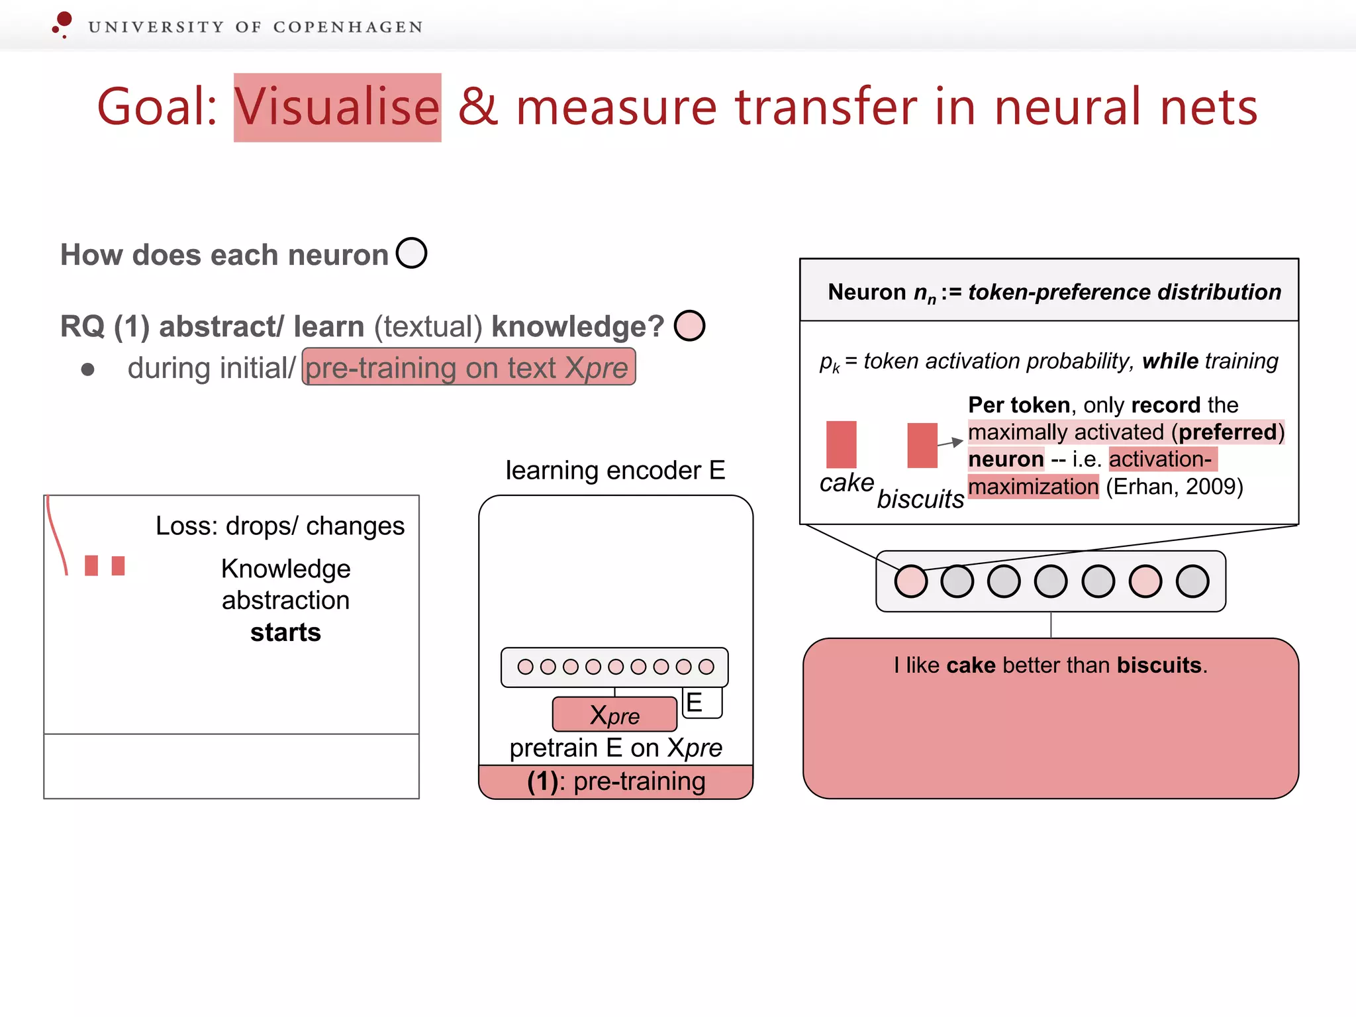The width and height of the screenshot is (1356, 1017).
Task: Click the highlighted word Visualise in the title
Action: pos(337,107)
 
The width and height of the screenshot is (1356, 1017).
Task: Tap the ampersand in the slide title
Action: pos(477,107)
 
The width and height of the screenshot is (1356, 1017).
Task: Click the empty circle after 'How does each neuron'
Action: pos(411,253)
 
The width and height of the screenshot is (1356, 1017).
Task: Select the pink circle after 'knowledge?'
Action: pos(689,326)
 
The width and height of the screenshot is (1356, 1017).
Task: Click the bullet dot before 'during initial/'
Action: pos(87,369)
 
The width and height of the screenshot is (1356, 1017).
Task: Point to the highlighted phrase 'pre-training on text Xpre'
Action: pos(468,367)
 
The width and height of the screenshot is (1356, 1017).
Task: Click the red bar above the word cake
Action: pos(841,444)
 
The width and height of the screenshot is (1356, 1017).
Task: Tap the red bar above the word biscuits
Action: pos(922,446)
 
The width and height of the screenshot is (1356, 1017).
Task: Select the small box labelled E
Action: pos(701,702)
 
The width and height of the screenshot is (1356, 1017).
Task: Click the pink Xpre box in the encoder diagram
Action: pos(614,714)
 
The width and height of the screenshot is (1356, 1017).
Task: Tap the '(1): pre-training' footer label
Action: pos(616,782)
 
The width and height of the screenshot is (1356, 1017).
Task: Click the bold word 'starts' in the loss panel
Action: pos(285,632)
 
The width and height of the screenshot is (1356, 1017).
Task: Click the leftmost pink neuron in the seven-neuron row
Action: pos(910,581)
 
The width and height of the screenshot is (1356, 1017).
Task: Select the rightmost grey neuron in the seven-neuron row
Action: pos(1192,581)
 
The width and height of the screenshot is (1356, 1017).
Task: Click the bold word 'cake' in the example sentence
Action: pos(971,665)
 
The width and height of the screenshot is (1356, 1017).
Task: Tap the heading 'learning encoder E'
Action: pos(615,470)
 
